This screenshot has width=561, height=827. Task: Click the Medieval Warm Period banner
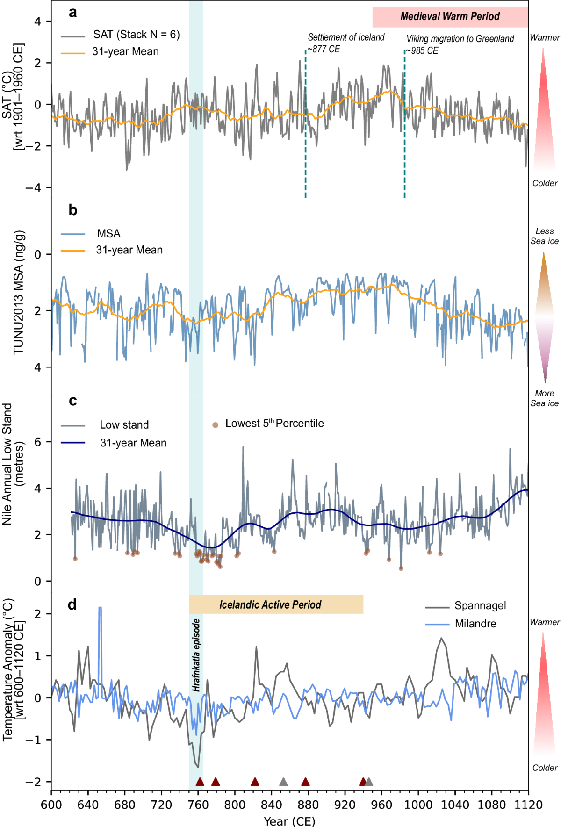[450, 17]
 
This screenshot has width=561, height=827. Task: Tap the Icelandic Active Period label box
[276, 604]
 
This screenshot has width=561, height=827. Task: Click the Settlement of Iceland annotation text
[346, 43]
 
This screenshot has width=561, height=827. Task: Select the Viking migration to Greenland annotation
[460, 44]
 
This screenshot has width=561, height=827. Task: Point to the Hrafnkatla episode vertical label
[196, 655]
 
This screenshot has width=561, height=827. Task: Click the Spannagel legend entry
[480, 606]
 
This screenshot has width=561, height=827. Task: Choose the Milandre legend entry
[475, 624]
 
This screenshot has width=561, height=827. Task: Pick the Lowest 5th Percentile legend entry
[274, 424]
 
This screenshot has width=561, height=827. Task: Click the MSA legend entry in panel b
[108, 234]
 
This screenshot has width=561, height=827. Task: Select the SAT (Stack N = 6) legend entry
[136, 35]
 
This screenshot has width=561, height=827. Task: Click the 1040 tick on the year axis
[455, 805]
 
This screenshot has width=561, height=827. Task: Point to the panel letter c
[73, 401]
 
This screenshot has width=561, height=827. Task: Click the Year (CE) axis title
[289, 821]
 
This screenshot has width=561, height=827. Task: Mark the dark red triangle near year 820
[255, 782]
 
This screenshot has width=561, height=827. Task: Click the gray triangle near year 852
[283, 782]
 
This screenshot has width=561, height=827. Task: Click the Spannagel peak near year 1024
[440, 639]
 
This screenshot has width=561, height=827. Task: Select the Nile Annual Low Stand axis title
[13, 464]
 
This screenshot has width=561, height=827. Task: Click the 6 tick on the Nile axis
[38, 442]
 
